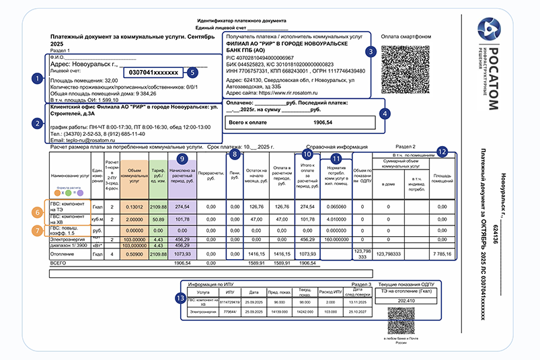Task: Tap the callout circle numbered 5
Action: point(192,71)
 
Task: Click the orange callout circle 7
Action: point(38,229)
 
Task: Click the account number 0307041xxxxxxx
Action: point(153,71)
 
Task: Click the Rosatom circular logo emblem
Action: point(489,30)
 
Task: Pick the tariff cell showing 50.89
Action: point(159,219)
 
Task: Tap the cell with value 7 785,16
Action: point(441,254)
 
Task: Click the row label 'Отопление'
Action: point(63,254)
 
